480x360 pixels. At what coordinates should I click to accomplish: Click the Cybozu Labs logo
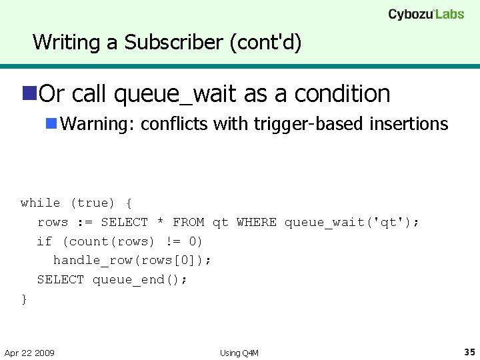tap(426, 14)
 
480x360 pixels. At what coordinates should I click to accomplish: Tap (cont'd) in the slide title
tap(265, 43)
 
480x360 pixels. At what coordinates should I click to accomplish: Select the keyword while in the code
tap(40, 203)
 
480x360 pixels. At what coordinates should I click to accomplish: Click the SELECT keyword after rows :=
tap(124, 222)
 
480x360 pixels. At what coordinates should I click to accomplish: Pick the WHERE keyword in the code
tap(256, 222)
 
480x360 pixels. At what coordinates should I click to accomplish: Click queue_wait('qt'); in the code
tap(352, 222)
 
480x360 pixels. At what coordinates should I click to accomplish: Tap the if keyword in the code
tap(44, 241)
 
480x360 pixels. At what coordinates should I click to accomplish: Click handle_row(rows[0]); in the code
tap(132, 260)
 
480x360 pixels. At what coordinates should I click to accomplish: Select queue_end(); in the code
tap(140, 279)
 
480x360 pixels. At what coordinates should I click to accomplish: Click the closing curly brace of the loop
tap(25, 299)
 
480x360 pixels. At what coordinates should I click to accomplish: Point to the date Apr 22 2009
tap(29, 353)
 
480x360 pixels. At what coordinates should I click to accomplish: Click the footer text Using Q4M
tap(239, 353)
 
